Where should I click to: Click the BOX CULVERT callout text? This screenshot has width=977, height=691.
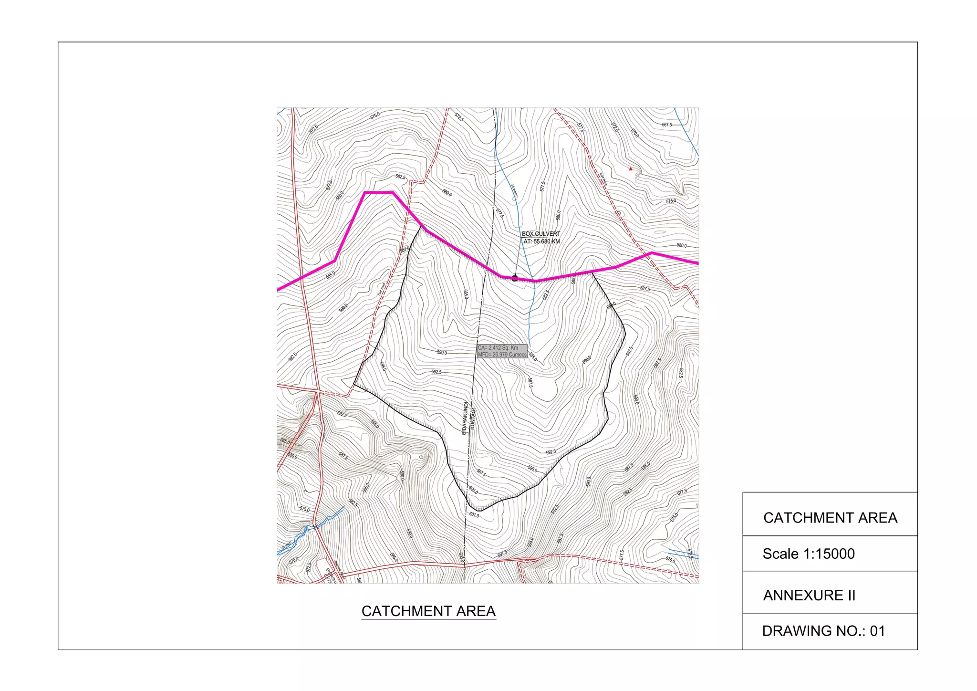(541, 234)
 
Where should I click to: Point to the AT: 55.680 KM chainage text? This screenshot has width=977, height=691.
(541, 241)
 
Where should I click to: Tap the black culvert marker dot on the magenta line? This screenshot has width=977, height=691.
(515, 278)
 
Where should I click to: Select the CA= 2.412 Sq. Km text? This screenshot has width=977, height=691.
(498, 348)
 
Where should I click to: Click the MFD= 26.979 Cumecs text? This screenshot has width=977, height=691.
(502, 355)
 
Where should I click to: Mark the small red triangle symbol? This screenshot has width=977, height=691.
(631, 168)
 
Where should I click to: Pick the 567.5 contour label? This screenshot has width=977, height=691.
(666, 125)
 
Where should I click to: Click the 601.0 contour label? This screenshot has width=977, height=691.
(474, 515)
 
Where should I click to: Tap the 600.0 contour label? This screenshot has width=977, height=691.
(473, 490)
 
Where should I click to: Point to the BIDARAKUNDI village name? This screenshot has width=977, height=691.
(464, 418)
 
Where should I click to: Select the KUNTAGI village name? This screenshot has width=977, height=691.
(472, 419)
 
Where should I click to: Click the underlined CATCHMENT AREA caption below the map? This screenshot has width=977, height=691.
(428, 611)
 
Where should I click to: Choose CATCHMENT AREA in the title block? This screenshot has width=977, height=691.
(830, 518)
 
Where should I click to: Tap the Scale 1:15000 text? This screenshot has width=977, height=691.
(809, 554)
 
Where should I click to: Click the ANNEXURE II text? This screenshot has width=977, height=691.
(809, 596)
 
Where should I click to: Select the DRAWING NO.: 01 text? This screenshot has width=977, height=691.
(823, 631)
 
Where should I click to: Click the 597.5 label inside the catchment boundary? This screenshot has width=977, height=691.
(481, 473)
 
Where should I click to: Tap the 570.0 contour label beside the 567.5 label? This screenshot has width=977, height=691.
(634, 133)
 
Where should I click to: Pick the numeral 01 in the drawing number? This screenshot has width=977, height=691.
(877, 631)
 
